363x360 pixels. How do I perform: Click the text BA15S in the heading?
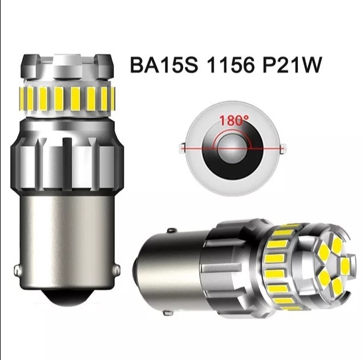pyautogui.click(x=164, y=65)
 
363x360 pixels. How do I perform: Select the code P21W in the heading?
pyautogui.click(x=292, y=65)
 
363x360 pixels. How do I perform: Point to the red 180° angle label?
pyautogui.click(x=234, y=121)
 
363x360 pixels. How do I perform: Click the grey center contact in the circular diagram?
pyautogui.click(x=232, y=149)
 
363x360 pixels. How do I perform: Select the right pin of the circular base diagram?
pyautogui.click(x=283, y=149)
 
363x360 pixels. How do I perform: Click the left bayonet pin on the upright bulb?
pyautogui.click(x=17, y=269)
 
